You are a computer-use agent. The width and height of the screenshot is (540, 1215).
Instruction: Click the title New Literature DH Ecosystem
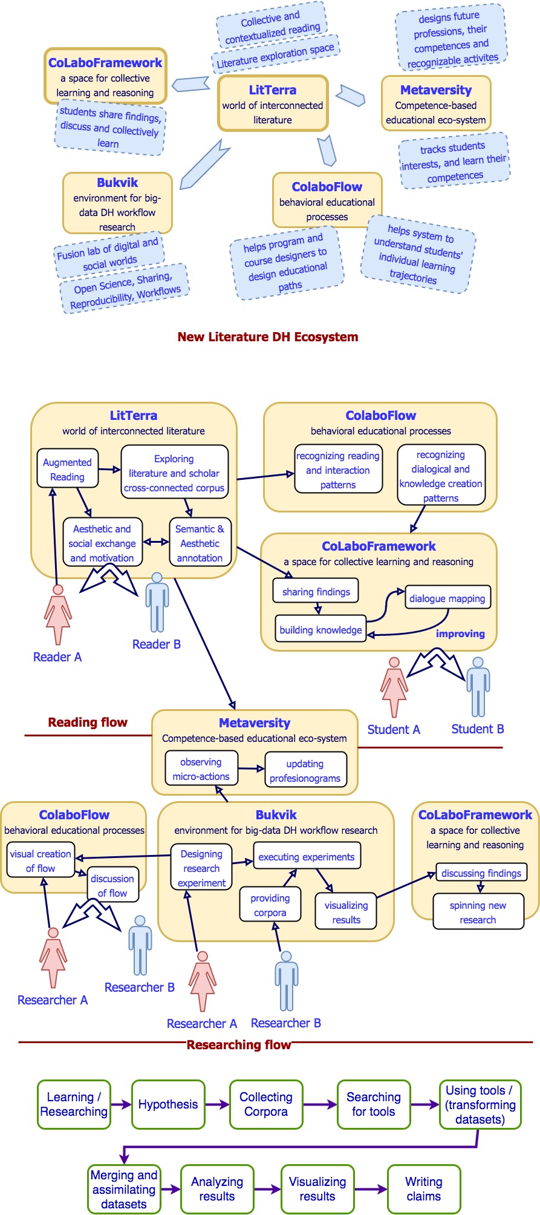267,337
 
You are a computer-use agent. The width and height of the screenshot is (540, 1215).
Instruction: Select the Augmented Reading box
67,469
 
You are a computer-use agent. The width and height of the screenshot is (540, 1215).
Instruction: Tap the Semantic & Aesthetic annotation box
200,543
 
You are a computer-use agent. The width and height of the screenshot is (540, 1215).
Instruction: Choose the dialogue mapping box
447,598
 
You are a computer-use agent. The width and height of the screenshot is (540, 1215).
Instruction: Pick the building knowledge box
321,629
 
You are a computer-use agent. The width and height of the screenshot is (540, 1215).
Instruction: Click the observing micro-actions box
201,769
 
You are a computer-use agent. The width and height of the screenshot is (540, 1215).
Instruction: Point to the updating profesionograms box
305,770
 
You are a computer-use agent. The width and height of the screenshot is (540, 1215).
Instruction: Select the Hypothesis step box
168,1104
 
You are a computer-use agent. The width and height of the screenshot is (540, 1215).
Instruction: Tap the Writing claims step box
424,1189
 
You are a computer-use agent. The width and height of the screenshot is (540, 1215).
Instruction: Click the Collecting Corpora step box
266,1104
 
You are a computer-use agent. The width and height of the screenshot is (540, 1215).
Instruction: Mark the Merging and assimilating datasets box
124,1190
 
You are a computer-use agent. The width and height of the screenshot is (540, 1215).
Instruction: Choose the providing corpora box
270,905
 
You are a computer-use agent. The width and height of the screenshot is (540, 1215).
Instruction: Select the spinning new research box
478,912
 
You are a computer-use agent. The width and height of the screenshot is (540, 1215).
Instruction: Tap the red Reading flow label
88,722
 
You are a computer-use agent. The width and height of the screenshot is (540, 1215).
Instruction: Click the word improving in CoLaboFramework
460,634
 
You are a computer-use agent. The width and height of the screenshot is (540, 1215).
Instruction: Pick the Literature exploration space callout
276,54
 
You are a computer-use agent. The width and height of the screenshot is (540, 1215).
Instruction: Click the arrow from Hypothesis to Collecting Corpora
217,1104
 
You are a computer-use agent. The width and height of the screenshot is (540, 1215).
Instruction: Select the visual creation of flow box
41,860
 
